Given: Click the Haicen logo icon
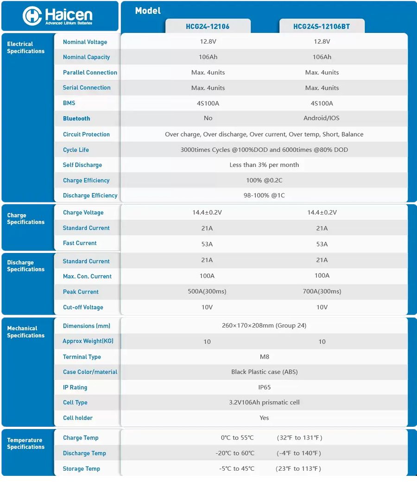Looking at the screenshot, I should pos(32,16).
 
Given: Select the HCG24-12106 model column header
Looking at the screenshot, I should pos(208,26).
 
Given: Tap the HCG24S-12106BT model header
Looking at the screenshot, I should pos(322,26).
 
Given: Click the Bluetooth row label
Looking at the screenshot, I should pos(76,119).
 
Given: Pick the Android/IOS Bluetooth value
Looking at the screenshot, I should pos(322,118).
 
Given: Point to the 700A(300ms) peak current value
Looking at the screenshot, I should pos(322,291).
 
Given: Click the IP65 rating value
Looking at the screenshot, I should pos(264,387).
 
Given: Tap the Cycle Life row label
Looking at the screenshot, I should pos(76,150).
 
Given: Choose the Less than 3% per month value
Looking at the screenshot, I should pos(264,165).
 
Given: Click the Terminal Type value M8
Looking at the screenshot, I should pos(264,357).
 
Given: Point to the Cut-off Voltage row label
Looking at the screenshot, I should pos(83,307).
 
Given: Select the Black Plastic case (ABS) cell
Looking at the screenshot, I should pos(264,372).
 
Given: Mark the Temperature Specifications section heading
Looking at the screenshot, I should pos(25,443).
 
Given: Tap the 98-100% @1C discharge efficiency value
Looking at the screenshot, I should pos(264,196).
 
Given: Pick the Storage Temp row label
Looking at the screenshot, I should pos(82,468).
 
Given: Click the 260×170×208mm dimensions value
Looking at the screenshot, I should pos(264,325).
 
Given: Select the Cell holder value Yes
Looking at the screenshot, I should pos(264,417).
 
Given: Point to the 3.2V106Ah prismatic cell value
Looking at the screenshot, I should pos(264,402).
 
